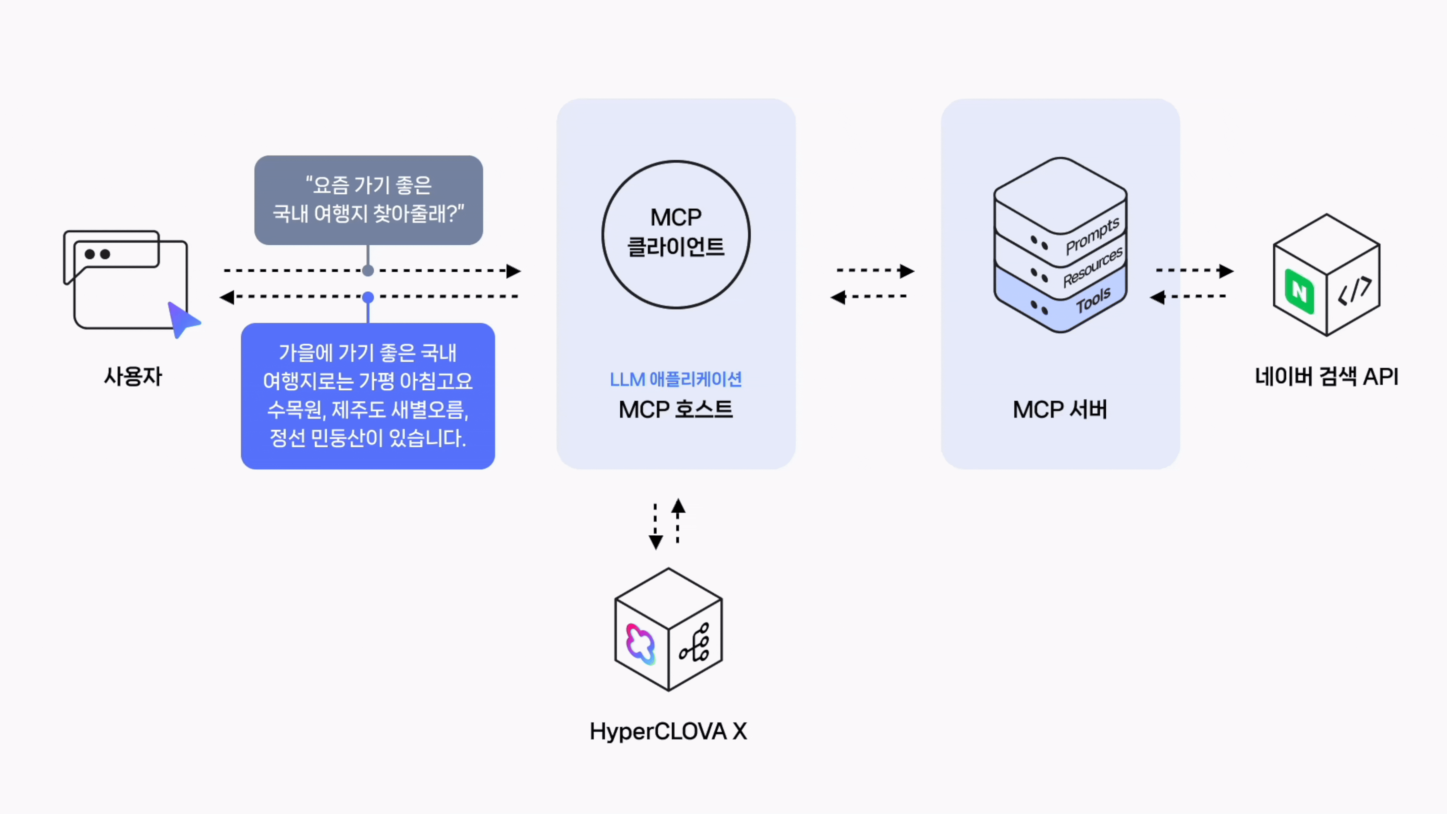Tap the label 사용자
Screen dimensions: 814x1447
(133, 376)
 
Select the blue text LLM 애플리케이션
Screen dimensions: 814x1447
(676, 380)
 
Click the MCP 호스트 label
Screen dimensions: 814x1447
(676, 409)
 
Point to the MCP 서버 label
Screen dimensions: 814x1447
(1060, 409)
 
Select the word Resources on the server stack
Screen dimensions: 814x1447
(1092, 267)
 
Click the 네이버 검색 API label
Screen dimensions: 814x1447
(1326, 376)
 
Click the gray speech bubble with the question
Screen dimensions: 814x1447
(368, 200)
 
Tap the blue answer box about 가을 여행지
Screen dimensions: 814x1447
(368, 396)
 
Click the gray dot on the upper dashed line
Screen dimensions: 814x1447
(368, 271)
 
